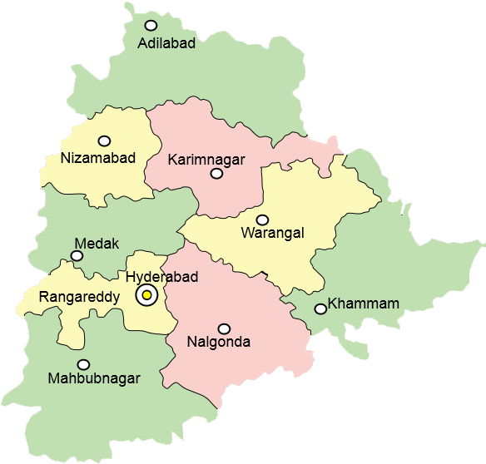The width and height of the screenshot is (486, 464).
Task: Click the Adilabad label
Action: pyautogui.click(x=167, y=43)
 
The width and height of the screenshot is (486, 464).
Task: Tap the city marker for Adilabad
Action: pyautogui.click(x=151, y=26)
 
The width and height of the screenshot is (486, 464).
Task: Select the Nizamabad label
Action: pyautogui.click(x=98, y=158)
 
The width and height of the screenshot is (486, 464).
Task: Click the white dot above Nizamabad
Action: pyautogui.click(x=104, y=141)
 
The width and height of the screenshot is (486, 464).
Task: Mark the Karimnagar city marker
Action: pyautogui.click(x=216, y=174)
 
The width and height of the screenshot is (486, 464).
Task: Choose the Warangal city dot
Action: pyautogui.click(x=262, y=220)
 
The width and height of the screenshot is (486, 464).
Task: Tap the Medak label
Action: pyautogui.click(x=97, y=244)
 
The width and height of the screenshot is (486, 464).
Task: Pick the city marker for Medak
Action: pyautogui.click(x=77, y=256)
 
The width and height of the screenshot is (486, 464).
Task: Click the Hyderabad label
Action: pyautogui.click(x=161, y=277)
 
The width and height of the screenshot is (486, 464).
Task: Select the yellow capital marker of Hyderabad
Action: pyautogui.click(x=146, y=294)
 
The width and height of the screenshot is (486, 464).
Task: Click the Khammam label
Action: pyautogui.click(x=364, y=304)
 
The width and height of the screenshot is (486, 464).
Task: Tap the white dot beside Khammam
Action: pyautogui.click(x=320, y=309)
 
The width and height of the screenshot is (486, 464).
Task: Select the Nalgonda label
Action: pyautogui.click(x=219, y=342)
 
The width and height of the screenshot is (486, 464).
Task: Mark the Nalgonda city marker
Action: pyautogui.click(x=223, y=328)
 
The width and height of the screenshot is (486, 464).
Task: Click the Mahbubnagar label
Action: pyautogui.click(x=94, y=378)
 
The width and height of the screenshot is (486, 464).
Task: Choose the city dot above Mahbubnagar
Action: pyautogui.click(x=83, y=364)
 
